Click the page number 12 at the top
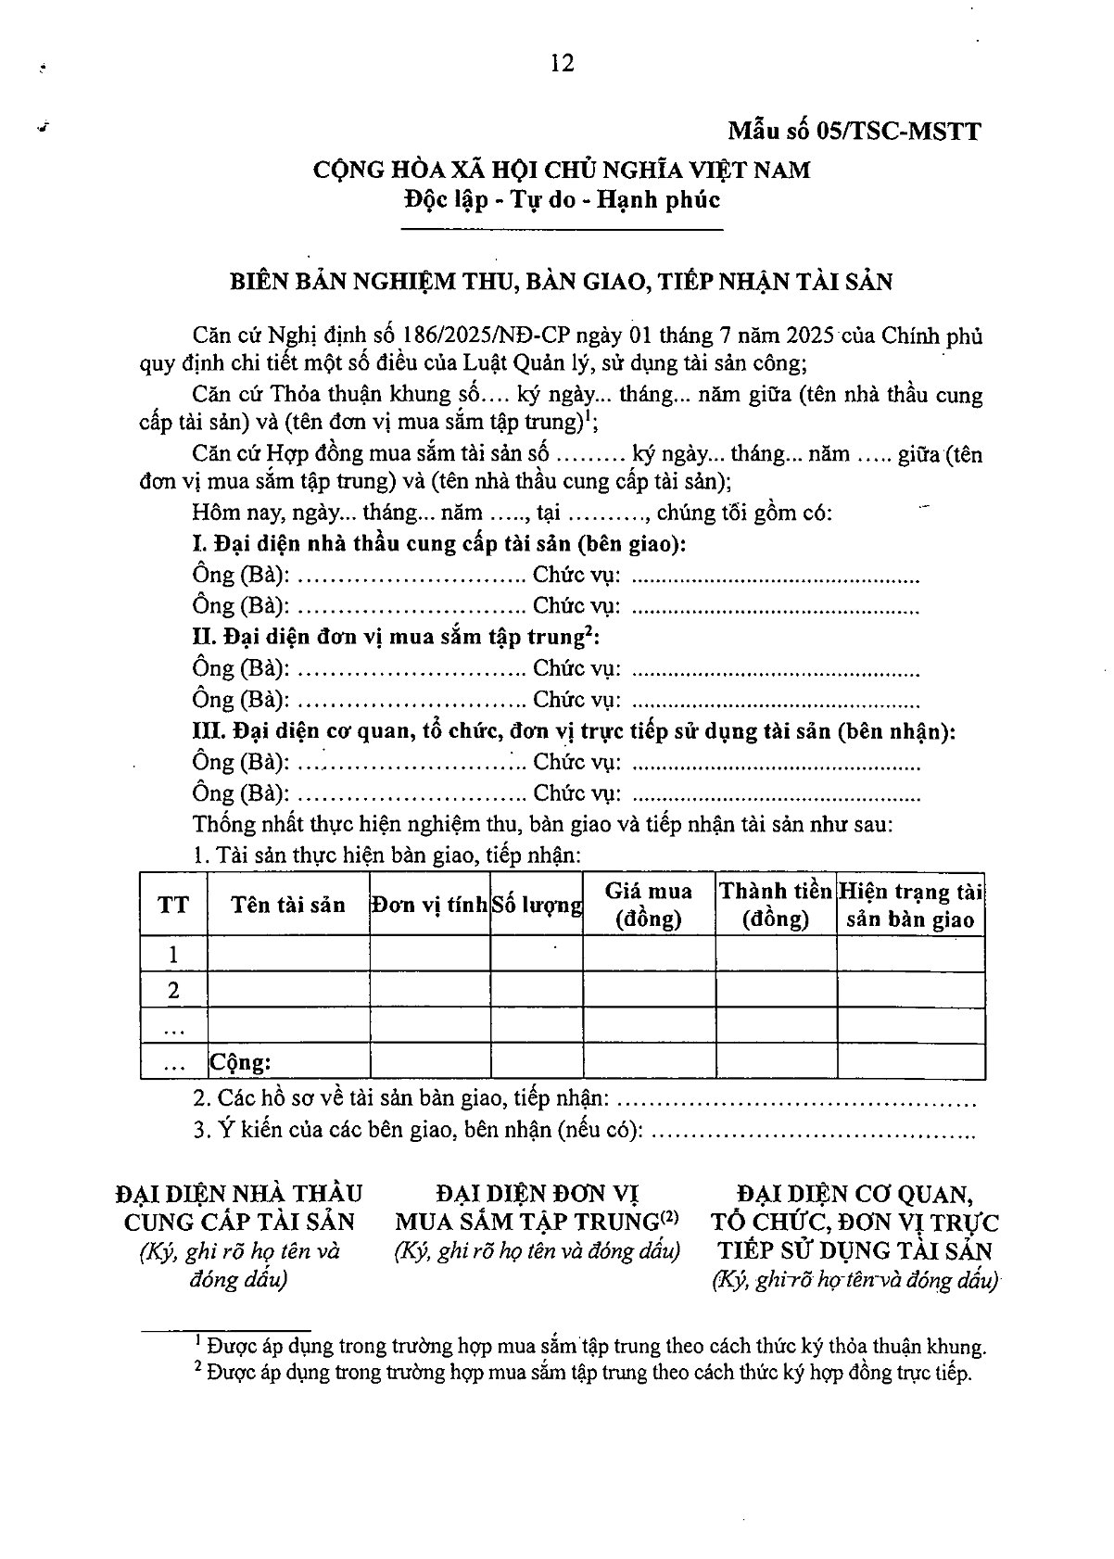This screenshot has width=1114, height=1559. click(562, 63)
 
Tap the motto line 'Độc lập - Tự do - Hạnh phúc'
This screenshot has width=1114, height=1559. click(562, 199)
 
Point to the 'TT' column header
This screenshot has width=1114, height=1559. click(173, 905)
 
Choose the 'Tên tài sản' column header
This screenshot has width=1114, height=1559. click(288, 905)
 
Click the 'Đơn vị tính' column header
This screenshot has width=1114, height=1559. click(429, 905)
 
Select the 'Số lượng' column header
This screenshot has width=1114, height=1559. click(537, 905)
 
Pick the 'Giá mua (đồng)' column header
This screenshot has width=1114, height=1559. click(649, 905)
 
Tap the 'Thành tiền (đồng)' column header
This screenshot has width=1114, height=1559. click(776, 905)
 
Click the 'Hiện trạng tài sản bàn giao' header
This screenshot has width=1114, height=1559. click(910, 905)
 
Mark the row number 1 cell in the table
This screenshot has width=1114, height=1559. click(173, 955)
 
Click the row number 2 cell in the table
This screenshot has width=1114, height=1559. click(173, 990)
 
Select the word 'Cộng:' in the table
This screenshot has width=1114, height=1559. click(240, 1062)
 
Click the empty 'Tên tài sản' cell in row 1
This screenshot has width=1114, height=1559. click(288, 955)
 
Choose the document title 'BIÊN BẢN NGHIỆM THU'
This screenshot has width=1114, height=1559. click(562, 281)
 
